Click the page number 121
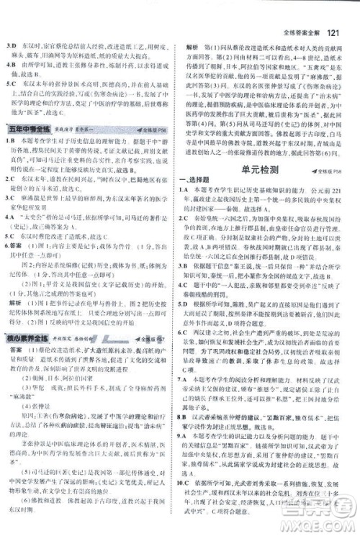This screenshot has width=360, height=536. click(x=338, y=12)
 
